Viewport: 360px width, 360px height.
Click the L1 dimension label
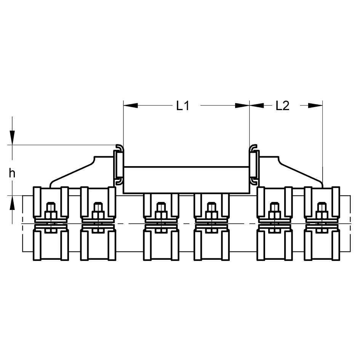point(183,106)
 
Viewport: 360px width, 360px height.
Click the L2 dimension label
point(282,106)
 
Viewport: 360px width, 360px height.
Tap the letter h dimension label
point(12,173)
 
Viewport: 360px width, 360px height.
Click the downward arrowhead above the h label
point(12,137)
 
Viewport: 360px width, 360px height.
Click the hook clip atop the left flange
point(119,147)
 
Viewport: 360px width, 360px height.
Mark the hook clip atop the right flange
point(253,147)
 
